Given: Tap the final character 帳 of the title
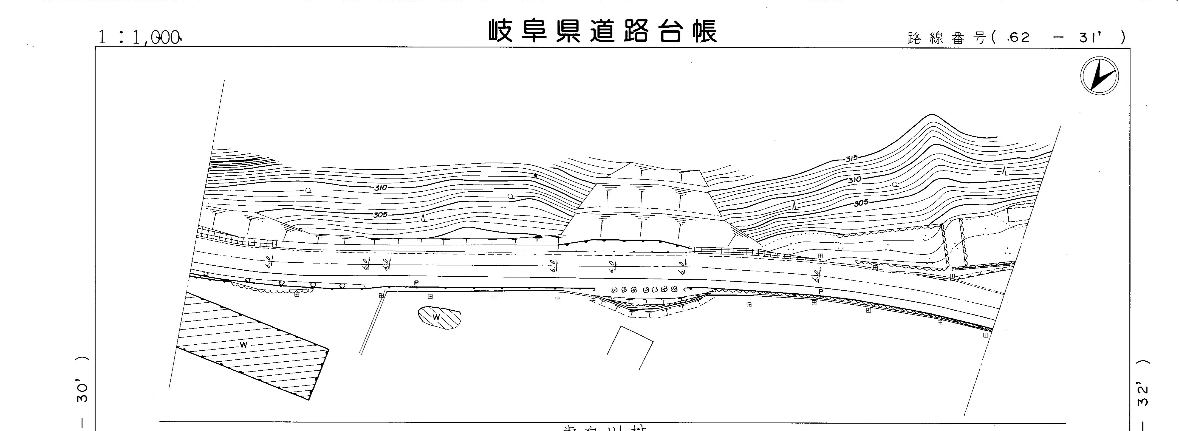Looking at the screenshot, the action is click(x=704, y=31).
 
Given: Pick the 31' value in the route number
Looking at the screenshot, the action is click(x=1094, y=38).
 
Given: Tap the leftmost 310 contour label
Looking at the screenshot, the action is click(x=381, y=188).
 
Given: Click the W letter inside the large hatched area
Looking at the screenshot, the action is click(x=243, y=345).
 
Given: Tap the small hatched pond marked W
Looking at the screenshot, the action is click(x=439, y=317).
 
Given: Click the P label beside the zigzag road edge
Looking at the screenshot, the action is click(x=821, y=291).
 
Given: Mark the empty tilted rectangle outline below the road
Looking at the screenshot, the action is click(x=630, y=348).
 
